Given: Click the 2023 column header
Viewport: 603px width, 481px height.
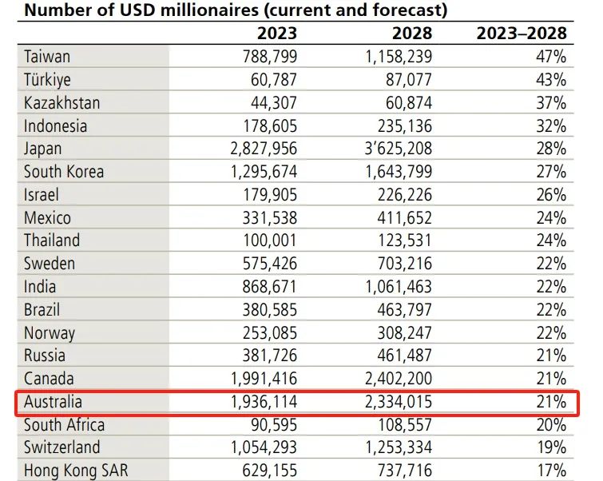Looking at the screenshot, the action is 277,34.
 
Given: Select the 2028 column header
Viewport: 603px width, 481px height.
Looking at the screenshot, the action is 412,34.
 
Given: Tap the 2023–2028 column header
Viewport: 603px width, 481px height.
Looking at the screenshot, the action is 522,34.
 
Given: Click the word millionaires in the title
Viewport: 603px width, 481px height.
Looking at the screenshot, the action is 210,10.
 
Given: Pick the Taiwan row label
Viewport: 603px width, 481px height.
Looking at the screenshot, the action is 47,57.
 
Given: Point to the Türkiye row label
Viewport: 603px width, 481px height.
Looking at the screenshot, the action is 47,80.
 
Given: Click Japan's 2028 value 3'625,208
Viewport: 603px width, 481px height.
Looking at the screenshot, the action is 399,149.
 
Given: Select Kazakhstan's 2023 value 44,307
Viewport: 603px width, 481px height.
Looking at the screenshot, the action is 274,103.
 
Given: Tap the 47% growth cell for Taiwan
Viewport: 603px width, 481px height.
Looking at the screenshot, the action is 551,57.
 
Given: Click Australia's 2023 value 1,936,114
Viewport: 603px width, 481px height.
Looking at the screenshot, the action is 264,402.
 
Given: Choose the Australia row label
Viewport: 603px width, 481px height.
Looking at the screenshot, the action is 53,402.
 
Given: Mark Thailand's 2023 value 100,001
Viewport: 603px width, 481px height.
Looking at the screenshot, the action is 270,240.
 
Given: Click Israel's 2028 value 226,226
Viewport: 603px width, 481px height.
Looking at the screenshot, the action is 405,195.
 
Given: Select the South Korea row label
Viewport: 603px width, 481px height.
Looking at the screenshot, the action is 64,172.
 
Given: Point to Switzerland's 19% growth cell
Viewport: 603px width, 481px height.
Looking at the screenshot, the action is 551,447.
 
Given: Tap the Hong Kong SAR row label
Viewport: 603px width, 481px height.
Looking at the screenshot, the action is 76,471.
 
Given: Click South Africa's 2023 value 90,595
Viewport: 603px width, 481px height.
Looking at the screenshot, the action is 274,425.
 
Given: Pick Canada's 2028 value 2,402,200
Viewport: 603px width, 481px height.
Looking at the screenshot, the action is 399,379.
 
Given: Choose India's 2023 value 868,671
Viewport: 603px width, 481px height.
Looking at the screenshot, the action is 270,287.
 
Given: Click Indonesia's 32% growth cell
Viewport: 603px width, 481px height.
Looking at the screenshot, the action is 551,125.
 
